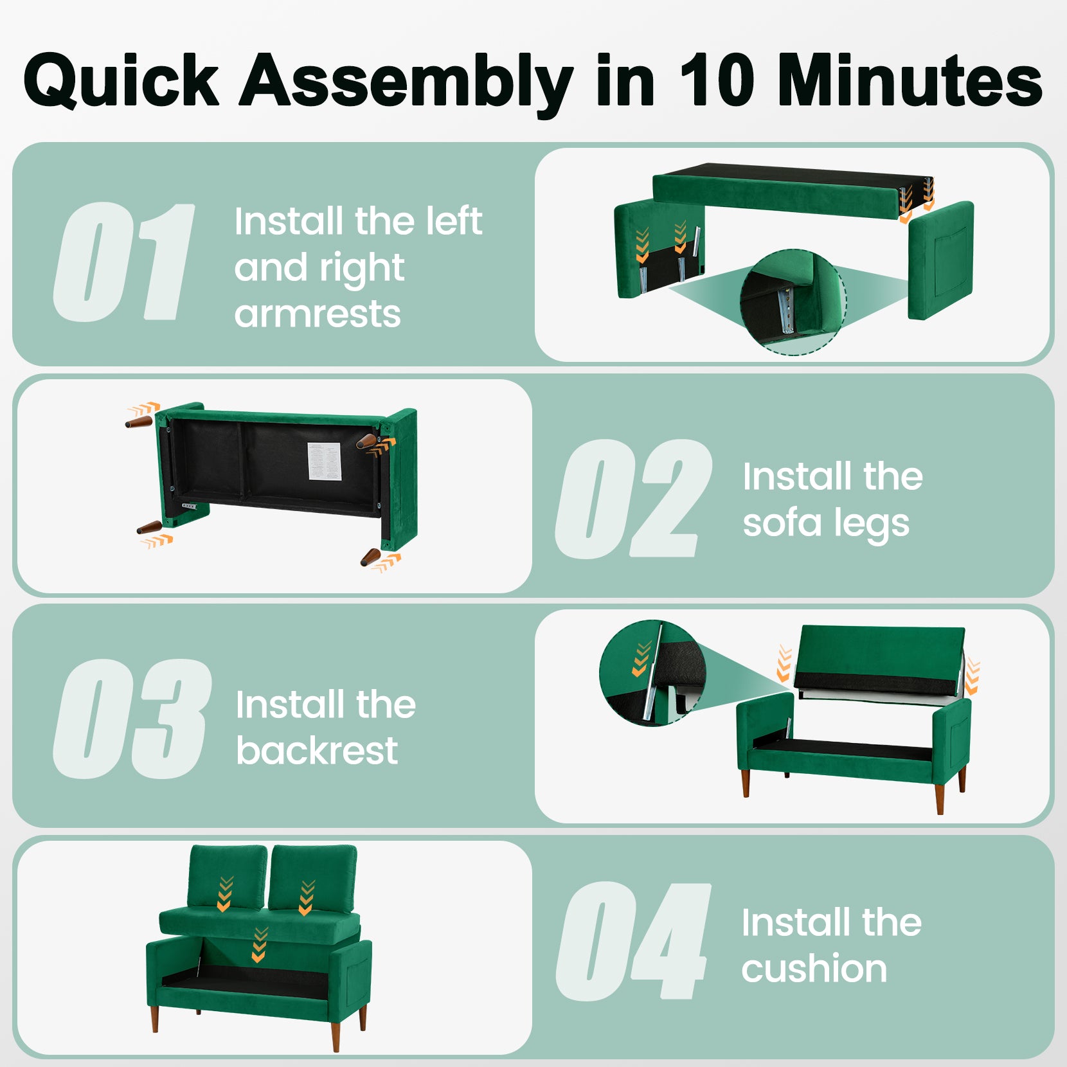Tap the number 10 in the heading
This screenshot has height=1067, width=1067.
click(716, 82)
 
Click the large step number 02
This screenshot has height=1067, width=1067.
click(633, 499)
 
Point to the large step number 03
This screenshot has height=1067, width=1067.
click(132, 719)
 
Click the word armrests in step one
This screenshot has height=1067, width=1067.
click(318, 314)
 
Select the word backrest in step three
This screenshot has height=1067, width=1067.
click(317, 751)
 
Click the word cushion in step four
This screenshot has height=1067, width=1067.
click(814, 969)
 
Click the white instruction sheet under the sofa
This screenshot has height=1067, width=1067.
click(324, 461)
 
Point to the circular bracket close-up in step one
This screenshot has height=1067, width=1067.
click(792, 302)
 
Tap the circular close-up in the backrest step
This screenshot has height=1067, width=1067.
click(652, 673)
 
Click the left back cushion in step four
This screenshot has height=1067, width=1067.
click(228, 876)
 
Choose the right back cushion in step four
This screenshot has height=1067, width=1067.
click(312, 877)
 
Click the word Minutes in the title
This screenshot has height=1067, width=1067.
click(909, 82)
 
